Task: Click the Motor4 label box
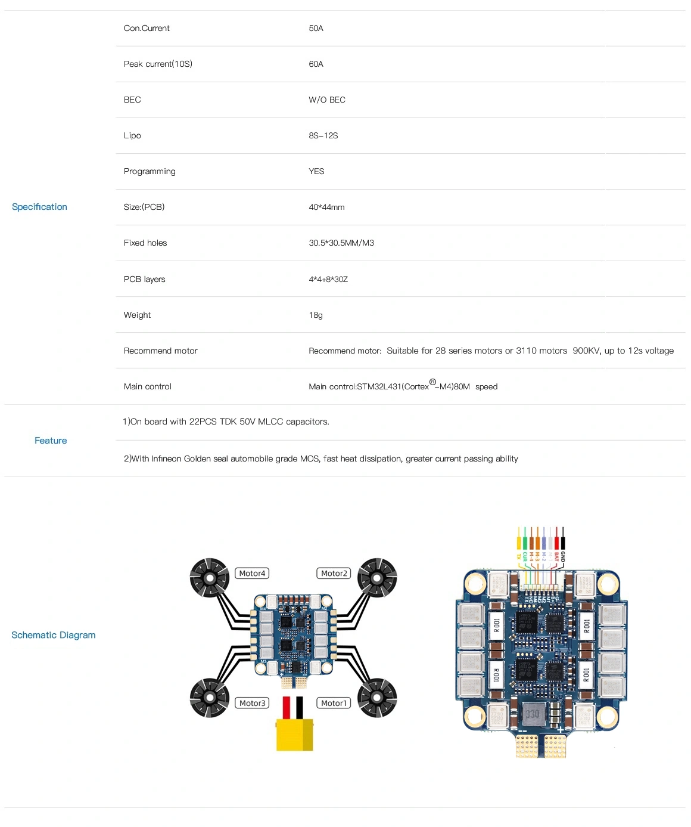tap(252, 574)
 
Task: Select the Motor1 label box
tap(334, 704)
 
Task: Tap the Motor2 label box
tap(334, 574)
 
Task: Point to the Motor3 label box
tap(253, 704)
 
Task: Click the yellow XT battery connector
tap(294, 735)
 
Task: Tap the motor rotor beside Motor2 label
tap(377, 577)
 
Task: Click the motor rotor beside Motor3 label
tap(210, 698)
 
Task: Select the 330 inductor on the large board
tap(532, 714)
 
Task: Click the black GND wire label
tap(563, 557)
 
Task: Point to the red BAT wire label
tap(557, 557)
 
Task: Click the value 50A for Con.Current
tap(316, 29)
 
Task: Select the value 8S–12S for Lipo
tap(323, 136)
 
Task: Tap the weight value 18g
tap(316, 315)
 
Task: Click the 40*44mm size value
tap(326, 207)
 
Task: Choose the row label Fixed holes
tap(145, 243)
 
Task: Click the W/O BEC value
tap(327, 100)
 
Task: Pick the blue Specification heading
tap(39, 207)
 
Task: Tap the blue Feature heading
tap(51, 441)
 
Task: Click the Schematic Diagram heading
tap(54, 635)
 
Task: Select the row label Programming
tap(150, 172)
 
